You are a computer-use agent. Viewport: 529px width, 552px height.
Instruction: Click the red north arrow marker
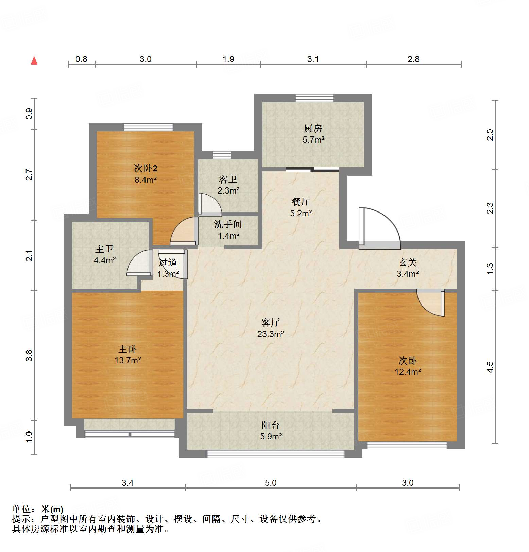pos(34,60)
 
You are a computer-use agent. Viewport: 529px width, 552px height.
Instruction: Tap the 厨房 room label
pos(313,128)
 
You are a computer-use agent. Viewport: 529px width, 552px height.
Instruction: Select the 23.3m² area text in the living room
pos(271,334)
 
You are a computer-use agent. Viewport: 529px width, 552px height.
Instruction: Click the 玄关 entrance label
pos(408,262)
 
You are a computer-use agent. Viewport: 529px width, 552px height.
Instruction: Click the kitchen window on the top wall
pos(314,98)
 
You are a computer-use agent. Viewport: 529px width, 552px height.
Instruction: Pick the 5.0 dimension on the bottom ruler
pos(271,483)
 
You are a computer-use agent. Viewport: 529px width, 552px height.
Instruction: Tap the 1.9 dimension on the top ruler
pos(228,59)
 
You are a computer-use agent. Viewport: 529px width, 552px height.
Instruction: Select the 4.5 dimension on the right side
pos(490,367)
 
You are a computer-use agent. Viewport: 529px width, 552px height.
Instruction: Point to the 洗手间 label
pos(228,224)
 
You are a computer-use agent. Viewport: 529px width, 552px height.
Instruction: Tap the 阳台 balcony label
pos(271,425)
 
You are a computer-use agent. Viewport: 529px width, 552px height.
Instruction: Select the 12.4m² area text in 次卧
pos(408,372)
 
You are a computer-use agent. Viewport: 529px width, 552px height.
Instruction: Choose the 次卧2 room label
pos(146,168)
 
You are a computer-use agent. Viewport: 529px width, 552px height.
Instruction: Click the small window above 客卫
pos(222,155)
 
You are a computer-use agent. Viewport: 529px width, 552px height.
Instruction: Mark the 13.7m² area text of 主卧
pos(127,360)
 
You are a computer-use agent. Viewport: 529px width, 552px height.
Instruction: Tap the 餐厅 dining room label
pos(301,202)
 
